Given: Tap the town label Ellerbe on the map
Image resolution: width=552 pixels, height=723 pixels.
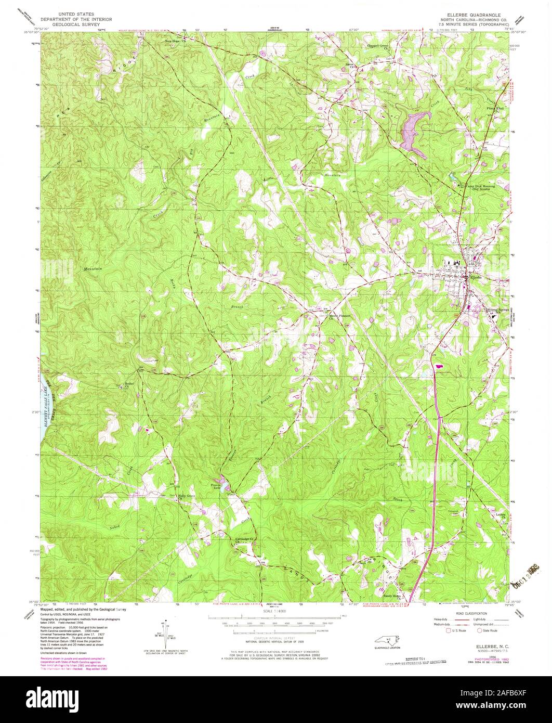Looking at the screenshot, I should click(x=476, y=277).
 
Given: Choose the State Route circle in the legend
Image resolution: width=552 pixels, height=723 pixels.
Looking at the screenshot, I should click(x=479, y=630).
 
